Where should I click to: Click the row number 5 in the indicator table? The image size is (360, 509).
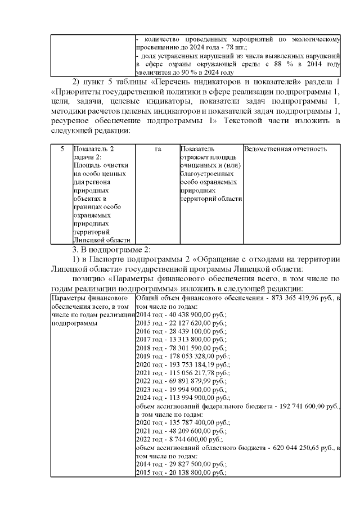pyautogui.click(x=61, y=149)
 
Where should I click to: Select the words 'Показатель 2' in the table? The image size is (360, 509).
pyautogui.click(x=93, y=149)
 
